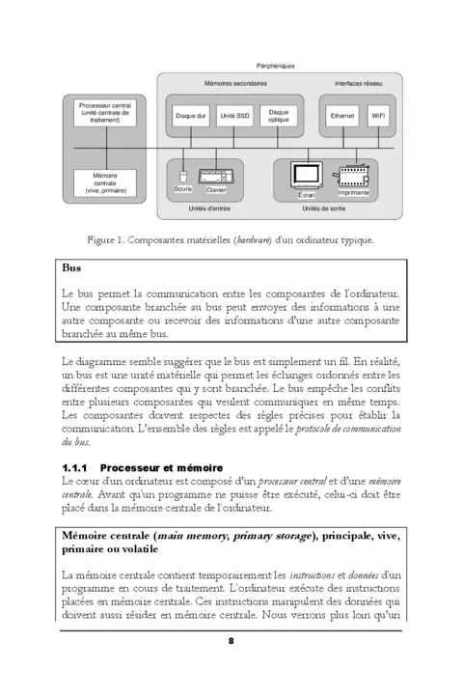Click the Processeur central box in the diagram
pos(105,113)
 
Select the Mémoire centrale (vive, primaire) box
pos(105,184)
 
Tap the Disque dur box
pos(190,116)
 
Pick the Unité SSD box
pos(234,116)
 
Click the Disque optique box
pos(279,116)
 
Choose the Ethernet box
pos(341,116)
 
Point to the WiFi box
pos(380,116)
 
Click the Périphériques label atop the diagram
pos(275,66)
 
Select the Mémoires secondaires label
pos(235,85)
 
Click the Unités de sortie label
pos(324,208)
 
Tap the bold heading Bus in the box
pos(71,268)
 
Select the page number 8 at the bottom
pos(231,641)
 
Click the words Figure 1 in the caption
pos(107,238)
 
